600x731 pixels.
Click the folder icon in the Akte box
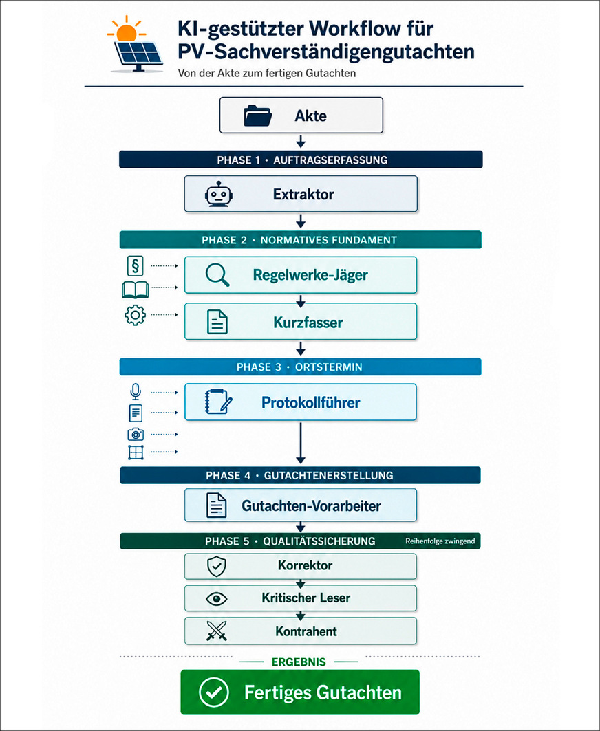tap(257, 116)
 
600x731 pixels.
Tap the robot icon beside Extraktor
tap(218, 194)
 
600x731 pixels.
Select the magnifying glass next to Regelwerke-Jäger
tap(217, 274)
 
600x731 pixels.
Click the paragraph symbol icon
tap(136, 265)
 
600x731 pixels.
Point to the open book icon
tap(136, 290)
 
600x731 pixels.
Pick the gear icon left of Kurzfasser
tap(136, 315)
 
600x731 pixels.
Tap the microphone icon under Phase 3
tap(136, 391)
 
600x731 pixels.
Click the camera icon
tap(136, 434)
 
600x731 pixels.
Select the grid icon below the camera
tap(136, 452)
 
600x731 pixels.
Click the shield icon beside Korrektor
tap(217, 567)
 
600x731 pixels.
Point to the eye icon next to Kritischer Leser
tap(217, 598)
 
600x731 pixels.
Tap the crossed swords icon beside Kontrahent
tap(217, 631)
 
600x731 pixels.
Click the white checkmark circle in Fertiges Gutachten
tap(214, 692)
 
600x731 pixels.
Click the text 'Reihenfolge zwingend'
tap(440, 541)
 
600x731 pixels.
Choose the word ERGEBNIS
tap(299, 662)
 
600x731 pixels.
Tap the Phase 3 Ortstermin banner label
tap(299, 367)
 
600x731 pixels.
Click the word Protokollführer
tap(311, 402)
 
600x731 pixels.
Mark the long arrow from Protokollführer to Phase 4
tap(301, 443)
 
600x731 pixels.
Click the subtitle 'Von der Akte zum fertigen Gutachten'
tap(267, 73)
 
